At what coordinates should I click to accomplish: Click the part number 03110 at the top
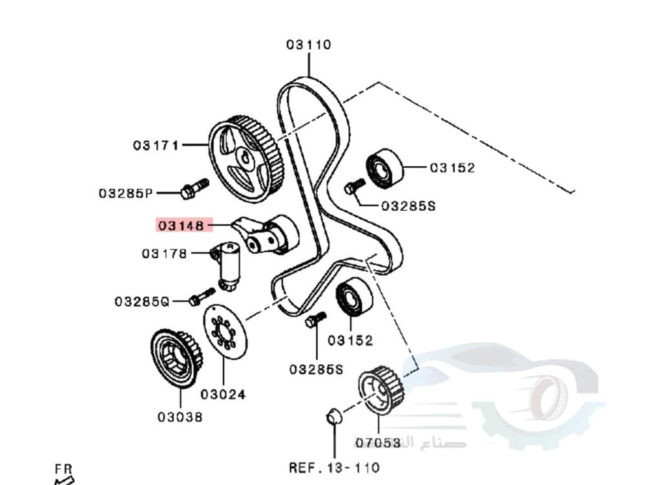(x=309, y=45)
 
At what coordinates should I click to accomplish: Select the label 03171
(x=156, y=145)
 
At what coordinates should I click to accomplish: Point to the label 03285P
(x=125, y=193)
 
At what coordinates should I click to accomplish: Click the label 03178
(x=164, y=253)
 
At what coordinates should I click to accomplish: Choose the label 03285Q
(x=141, y=301)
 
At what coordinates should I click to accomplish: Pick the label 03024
(x=223, y=393)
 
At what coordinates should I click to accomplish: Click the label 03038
(x=180, y=416)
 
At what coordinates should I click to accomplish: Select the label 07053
(x=377, y=443)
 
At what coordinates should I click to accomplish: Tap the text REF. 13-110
(x=334, y=467)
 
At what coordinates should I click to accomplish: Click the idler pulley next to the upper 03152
(x=384, y=168)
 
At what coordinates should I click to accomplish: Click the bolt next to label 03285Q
(x=201, y=297)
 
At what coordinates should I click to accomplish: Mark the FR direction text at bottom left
(x=63, y=469)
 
